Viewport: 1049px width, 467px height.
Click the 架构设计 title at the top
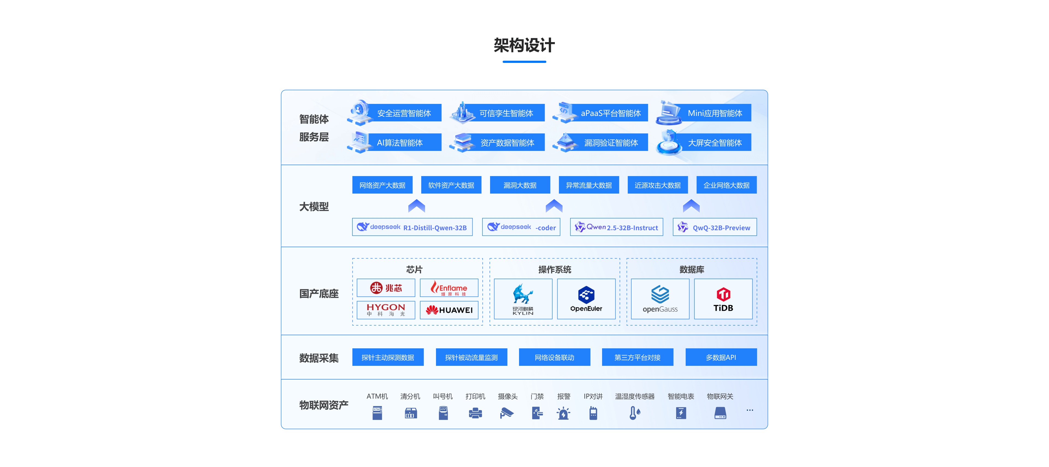pos(524,45)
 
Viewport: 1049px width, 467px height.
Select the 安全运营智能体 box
pos(403,113)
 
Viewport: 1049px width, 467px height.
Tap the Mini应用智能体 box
pos(714,113)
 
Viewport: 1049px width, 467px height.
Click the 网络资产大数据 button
pos(382,185)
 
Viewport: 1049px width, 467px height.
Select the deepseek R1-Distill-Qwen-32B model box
pos(412,227)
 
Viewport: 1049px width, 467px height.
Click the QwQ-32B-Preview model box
pos(715,227)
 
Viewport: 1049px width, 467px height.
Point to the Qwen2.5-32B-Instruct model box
pos(616,227)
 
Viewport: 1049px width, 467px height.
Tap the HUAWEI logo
pos(449,310)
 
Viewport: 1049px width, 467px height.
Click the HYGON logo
pos(386,310)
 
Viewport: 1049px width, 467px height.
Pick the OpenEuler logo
pos(586,299)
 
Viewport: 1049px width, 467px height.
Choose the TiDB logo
pos(723,299)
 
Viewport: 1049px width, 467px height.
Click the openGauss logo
pos(660,299)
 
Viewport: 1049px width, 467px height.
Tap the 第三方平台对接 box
pos(637,357)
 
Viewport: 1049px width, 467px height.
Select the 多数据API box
pos(721,357)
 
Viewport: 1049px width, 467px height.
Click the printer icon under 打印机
pos(475,413)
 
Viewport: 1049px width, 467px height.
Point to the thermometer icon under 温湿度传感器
pos(634,413)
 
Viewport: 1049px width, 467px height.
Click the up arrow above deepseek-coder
pos(554,206)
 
